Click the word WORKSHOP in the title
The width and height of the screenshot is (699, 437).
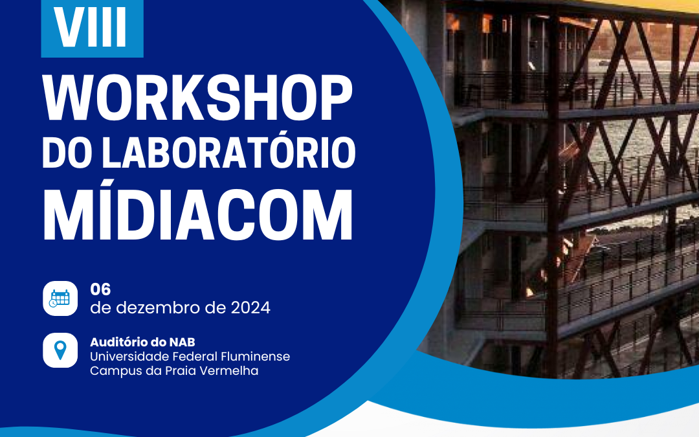[197, 98]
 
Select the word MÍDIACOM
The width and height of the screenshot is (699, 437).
[197, 214]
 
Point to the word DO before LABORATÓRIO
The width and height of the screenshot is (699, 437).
[68, 152]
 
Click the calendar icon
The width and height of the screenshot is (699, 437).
[60, 298]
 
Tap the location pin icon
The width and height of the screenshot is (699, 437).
[60, 350]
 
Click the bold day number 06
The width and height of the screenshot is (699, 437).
[100, 289]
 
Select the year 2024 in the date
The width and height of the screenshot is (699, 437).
[250, 308]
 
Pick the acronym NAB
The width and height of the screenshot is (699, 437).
[182, 342]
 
